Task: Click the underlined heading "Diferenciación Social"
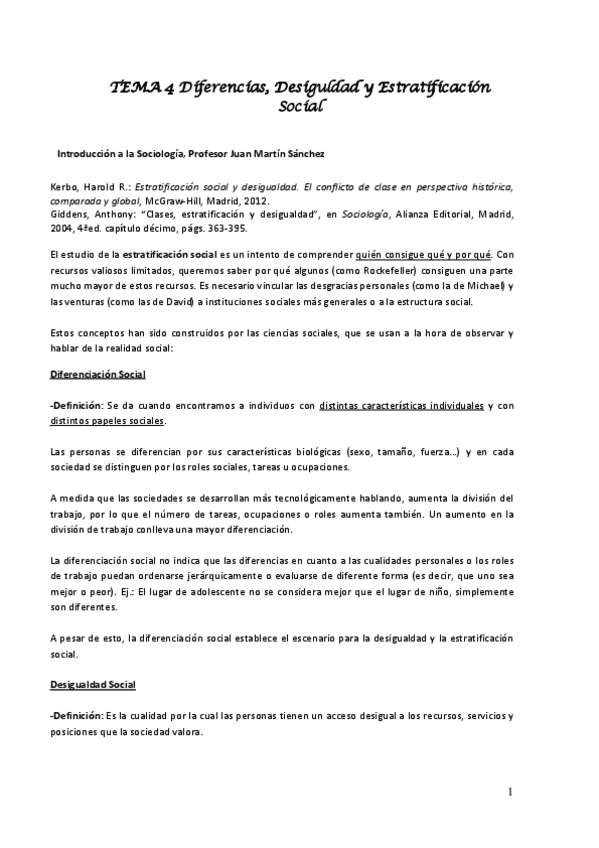[98, 374]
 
